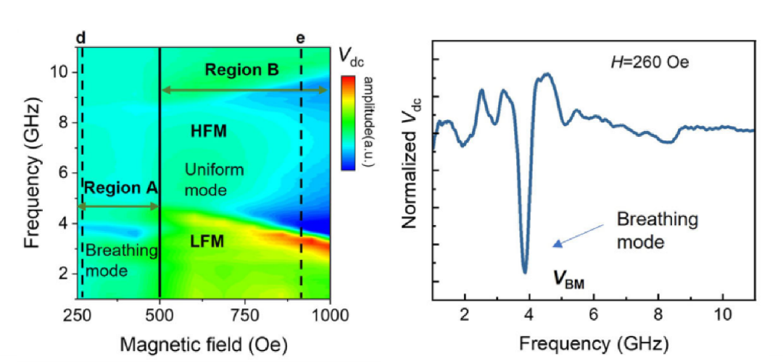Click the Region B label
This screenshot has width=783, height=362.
[242, 70]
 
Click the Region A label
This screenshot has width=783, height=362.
[120, 188]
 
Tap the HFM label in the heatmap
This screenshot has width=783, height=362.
[209, 132]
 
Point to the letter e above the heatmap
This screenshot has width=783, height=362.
[302, 38]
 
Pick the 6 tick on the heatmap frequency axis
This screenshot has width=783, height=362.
[63, 173]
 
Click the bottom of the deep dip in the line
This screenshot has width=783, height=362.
[525, 272]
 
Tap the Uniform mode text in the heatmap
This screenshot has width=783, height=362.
[214, 180]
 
